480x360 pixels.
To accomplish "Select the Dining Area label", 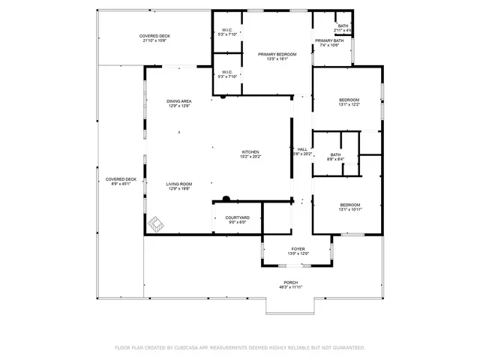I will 178,103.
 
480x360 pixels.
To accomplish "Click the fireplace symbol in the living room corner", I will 156,223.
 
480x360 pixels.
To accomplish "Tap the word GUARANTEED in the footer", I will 348,348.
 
